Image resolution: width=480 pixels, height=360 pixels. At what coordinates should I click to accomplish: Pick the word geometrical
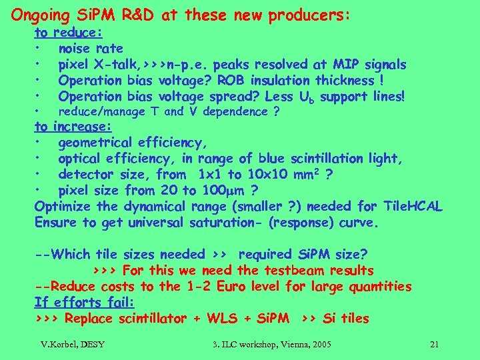pos(93,143)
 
